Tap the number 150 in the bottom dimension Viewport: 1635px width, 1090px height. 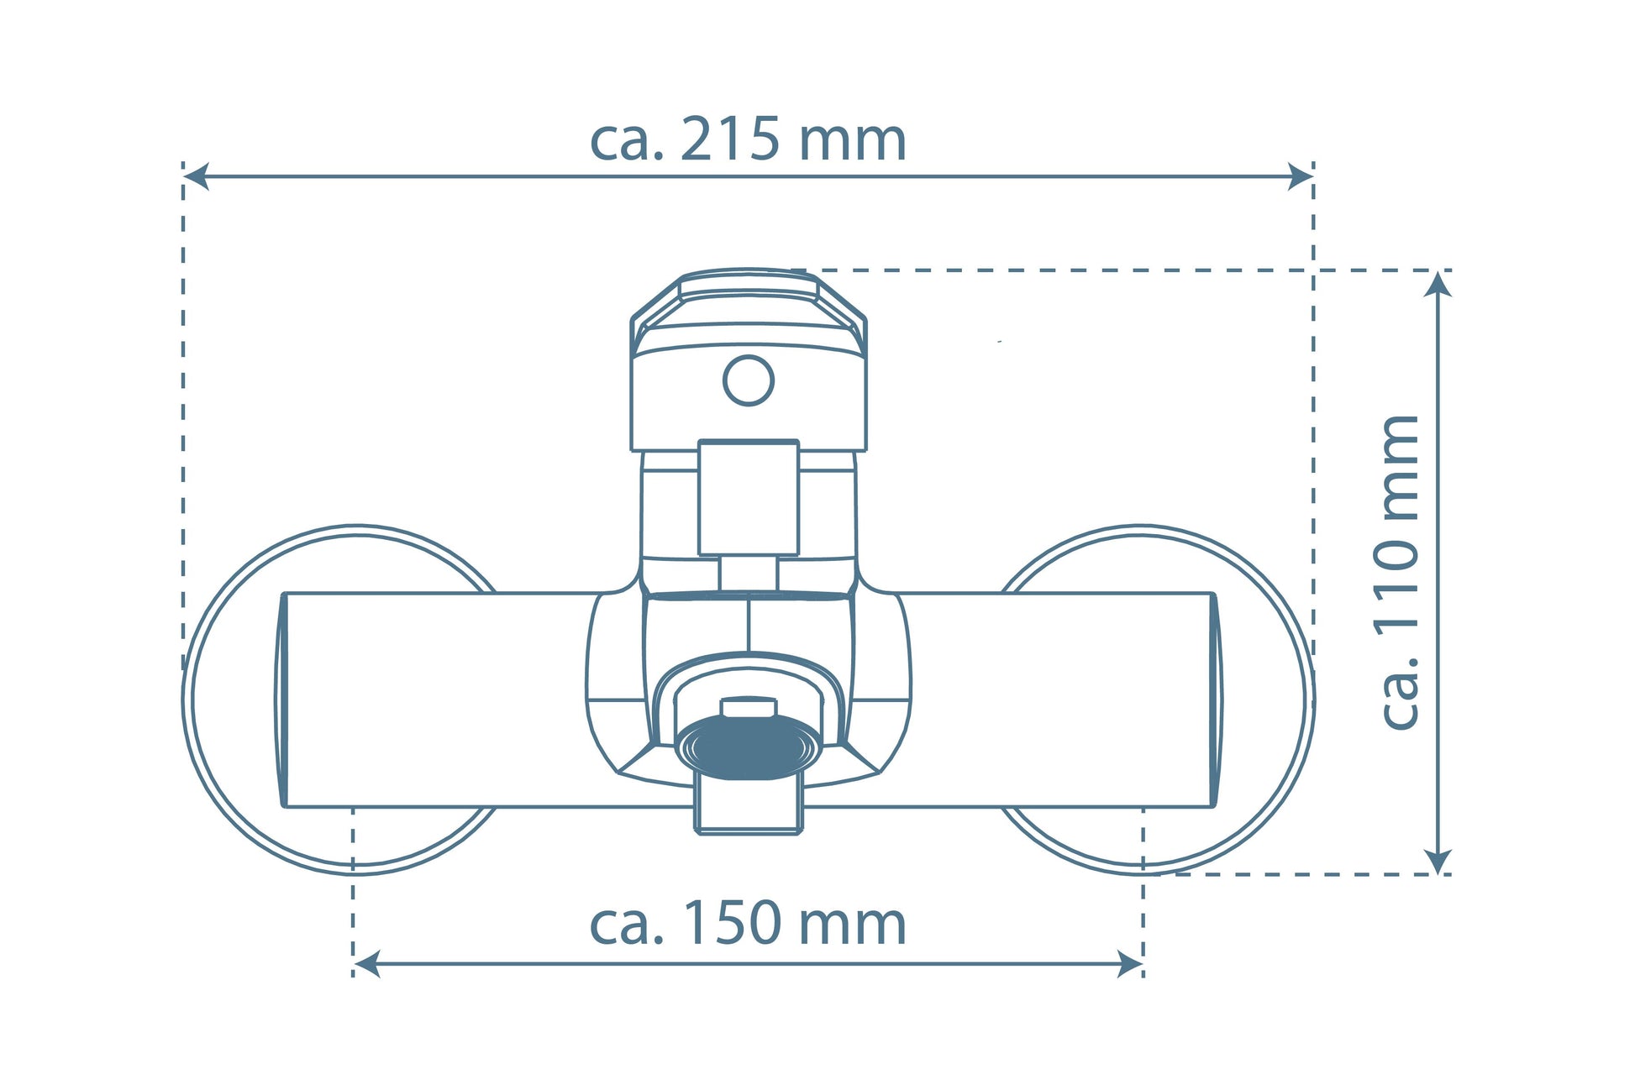pos(729,923)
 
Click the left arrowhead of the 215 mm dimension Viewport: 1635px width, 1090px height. pos(196,177)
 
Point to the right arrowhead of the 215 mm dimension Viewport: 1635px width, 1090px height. pos(1301,177)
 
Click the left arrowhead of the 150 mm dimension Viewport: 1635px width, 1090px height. pos(366,964)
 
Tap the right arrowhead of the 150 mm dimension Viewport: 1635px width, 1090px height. pos(1130,964)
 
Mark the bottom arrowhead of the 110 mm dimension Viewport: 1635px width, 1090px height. pos(1439,861)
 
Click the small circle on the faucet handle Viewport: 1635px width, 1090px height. pos(749,380)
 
